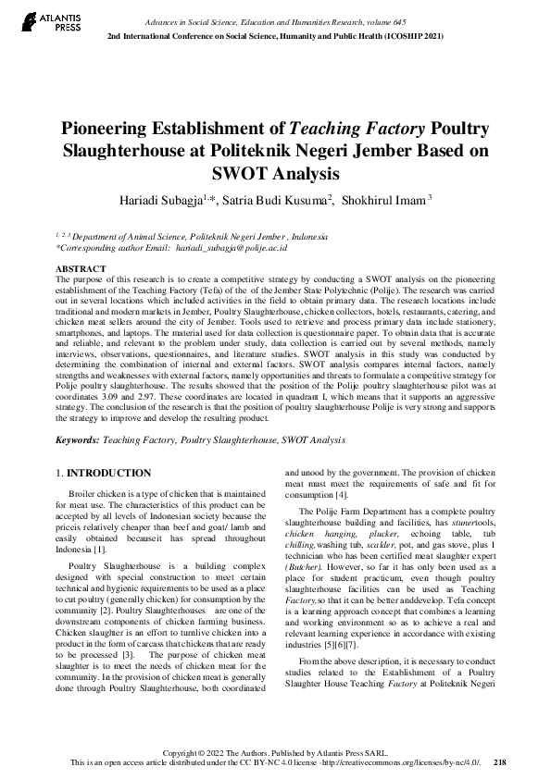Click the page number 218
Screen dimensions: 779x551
(500, 762)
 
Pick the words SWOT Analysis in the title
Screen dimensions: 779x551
(275, 173)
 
